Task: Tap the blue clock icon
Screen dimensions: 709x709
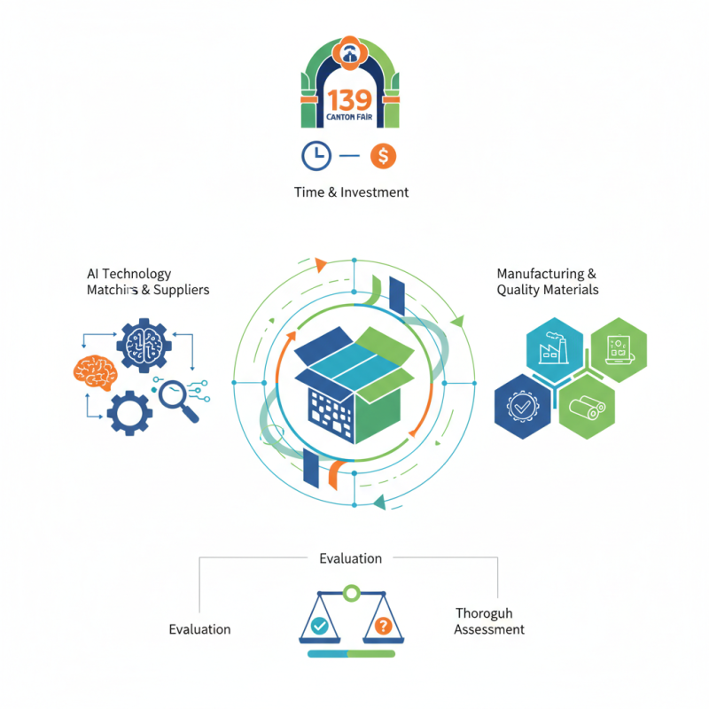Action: tap(316, 156)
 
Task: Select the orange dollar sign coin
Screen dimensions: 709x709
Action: tap(383, 156)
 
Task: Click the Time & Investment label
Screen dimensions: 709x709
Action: tap(352, 191)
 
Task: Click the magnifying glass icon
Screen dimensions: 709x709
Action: tap(177, 394)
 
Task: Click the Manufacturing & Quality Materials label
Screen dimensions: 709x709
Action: tap(547, 282)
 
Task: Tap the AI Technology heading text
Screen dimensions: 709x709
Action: tap(129, 274)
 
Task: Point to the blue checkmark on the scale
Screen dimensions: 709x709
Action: tap(320, 626)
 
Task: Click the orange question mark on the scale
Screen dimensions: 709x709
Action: tap(383, 626)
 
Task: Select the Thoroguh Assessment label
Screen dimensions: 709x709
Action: tap(488, 621)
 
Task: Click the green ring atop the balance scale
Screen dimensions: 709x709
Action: tap(352, 591)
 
